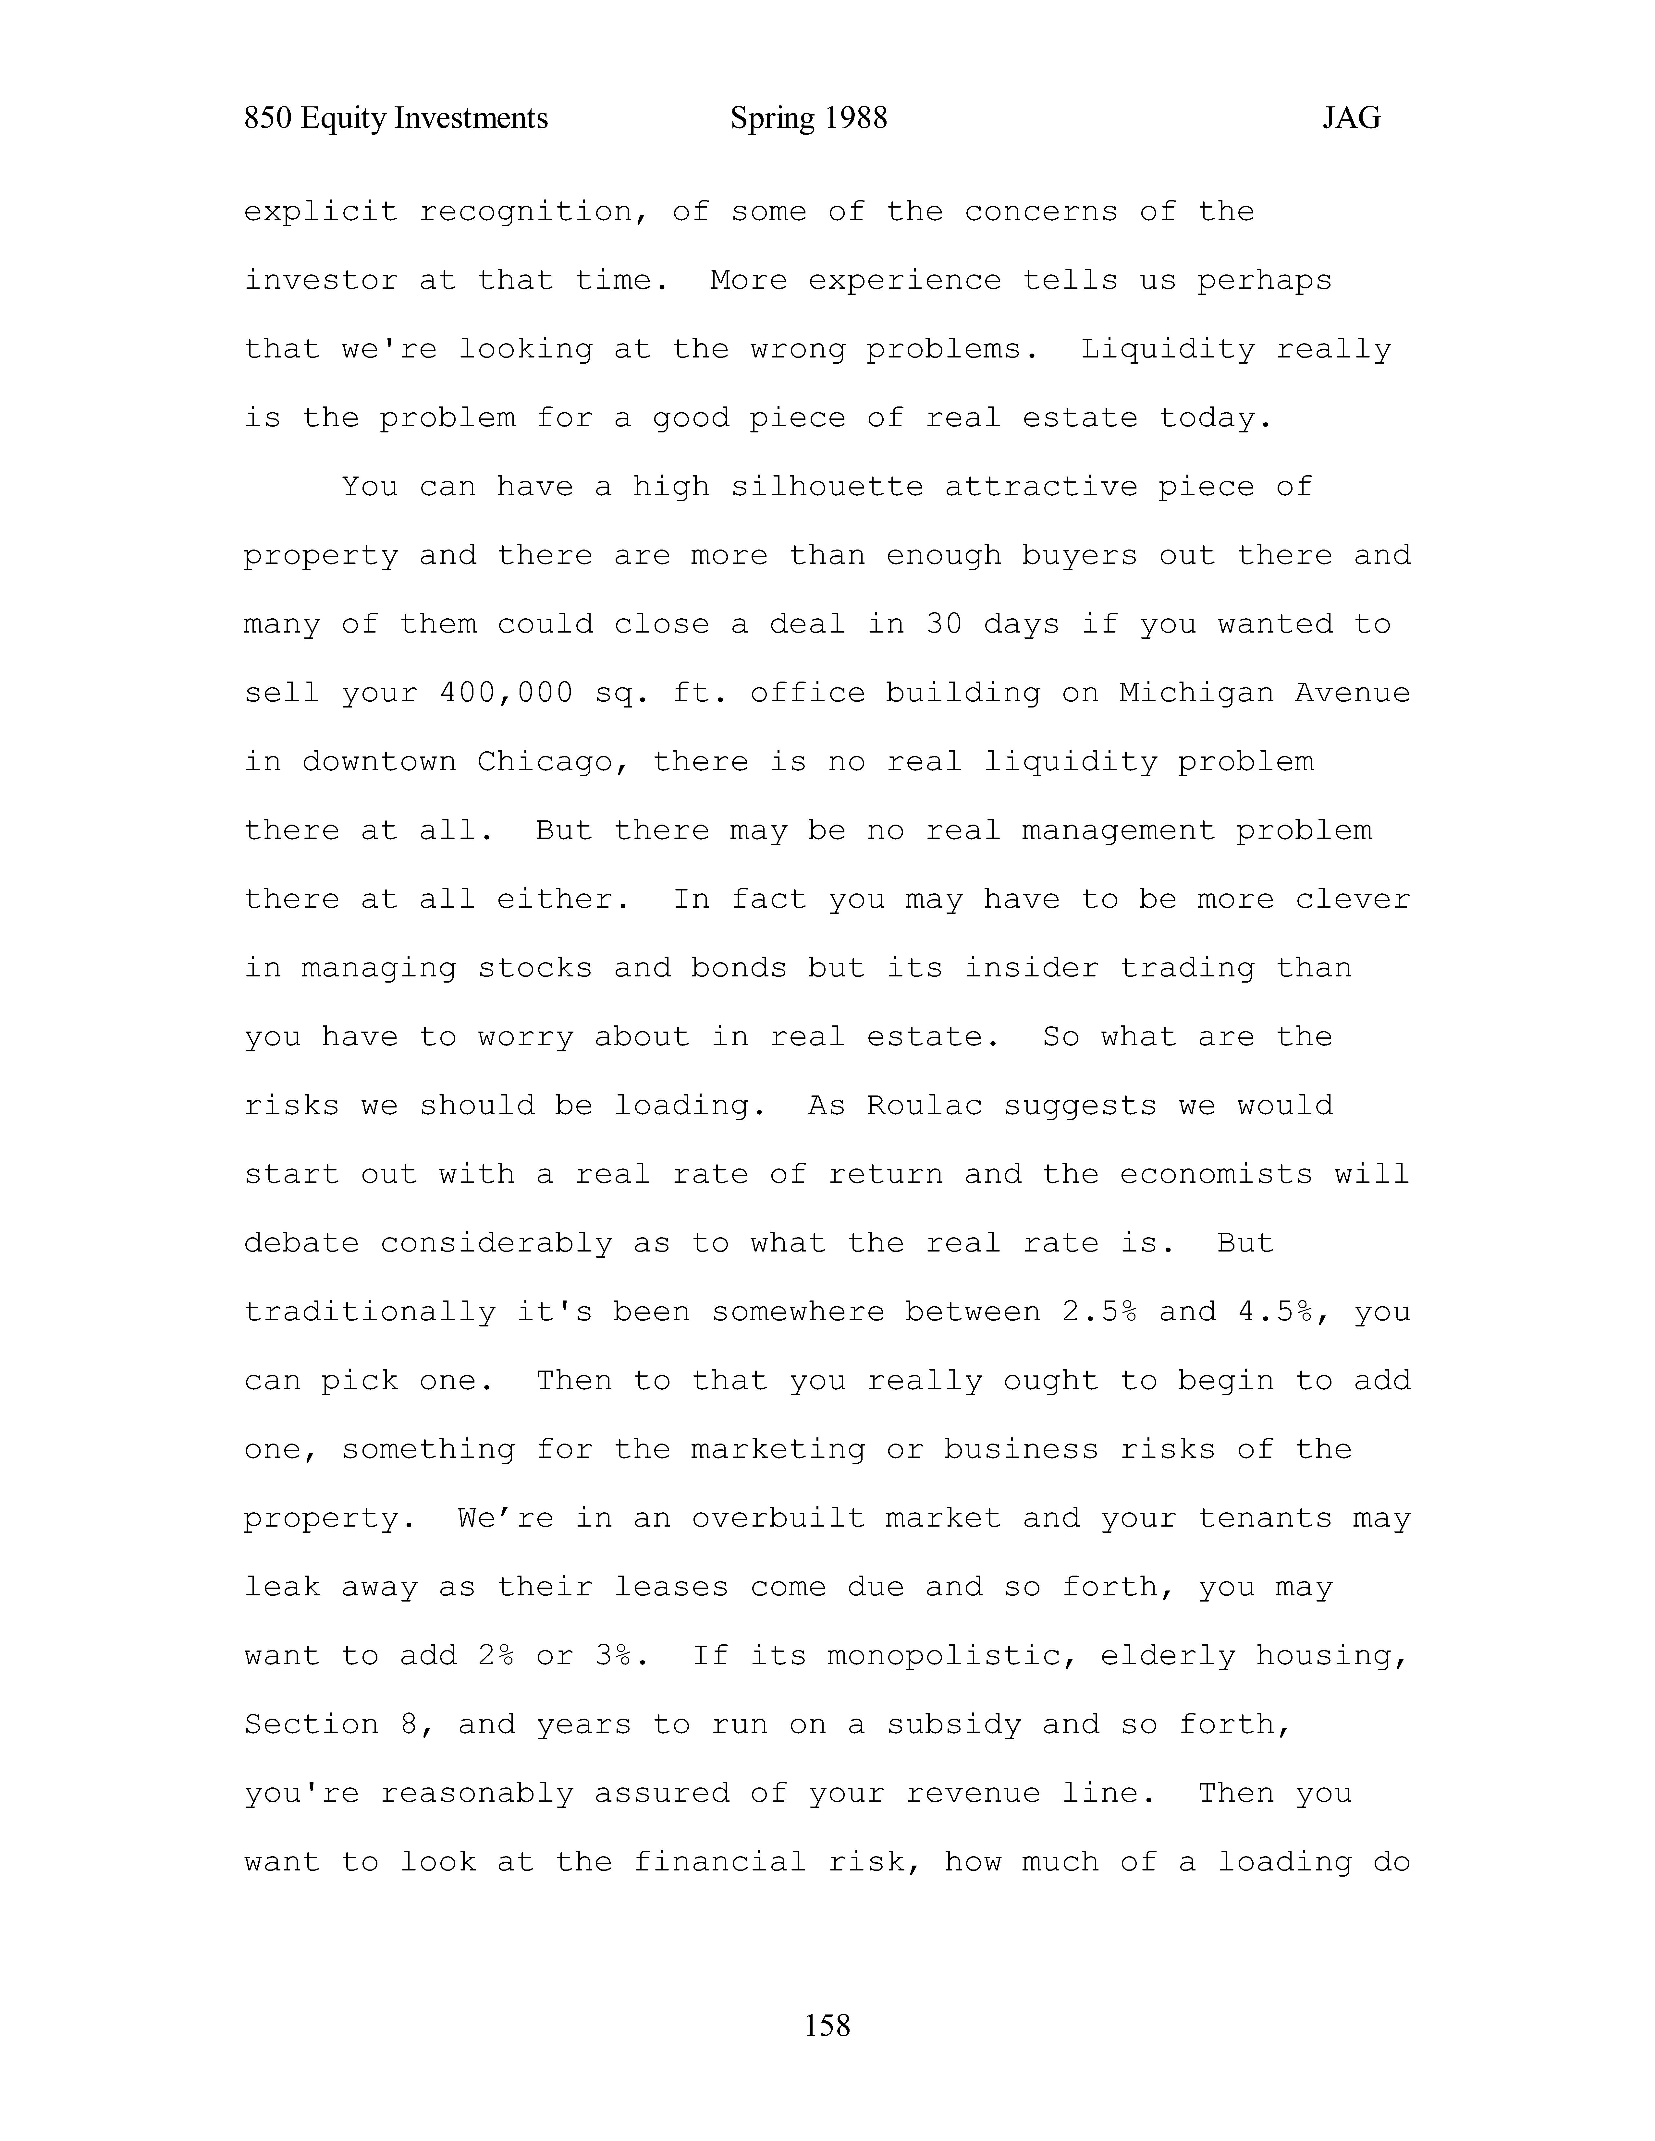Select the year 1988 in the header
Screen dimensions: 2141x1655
[855, 119]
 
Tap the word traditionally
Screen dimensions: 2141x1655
[370, 1312]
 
